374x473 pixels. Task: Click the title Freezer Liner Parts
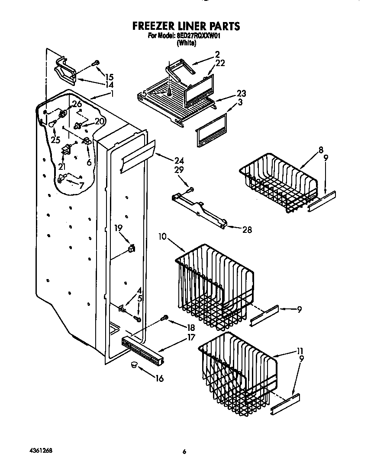pyautogui.click(x=186, y=26)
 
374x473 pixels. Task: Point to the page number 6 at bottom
pyautogui.click(x=184, y=452)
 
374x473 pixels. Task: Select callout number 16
pyautogui.click(x=159, y=378)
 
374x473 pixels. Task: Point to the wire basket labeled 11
pyautogui.click(x=238, y=371)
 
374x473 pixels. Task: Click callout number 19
pyautogui.click(x=118, y=228)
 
